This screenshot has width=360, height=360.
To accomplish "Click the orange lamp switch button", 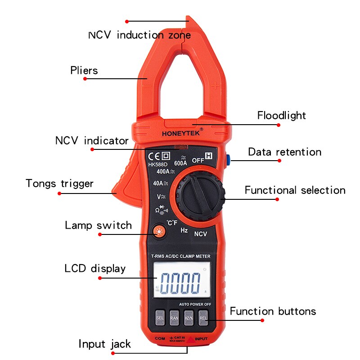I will coord(158,232).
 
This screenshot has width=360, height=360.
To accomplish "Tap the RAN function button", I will coord(175,318).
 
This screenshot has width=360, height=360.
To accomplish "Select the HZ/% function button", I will coord(189,318).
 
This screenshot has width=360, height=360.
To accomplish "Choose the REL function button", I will coord(203,318).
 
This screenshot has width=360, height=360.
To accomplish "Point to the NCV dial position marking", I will coord(200,234).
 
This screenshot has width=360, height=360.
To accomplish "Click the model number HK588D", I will coord(157,164).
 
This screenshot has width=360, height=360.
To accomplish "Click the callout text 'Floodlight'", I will coord(281,116).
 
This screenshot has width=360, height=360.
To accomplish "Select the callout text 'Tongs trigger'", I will coord(59,184).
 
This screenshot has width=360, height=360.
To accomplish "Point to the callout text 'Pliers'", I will coord(84,71).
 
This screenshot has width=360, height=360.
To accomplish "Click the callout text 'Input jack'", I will coord(104,344).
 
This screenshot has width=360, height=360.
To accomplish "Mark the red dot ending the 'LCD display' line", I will coord(100,278).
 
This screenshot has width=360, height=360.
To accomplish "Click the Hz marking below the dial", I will coord(184,230).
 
